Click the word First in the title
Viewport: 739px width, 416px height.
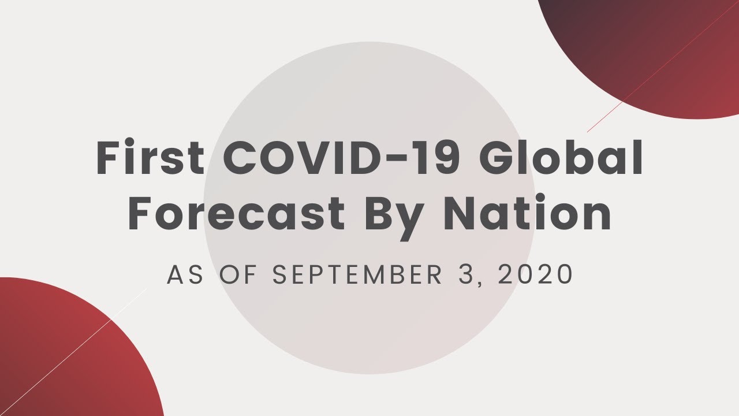coord(151,157)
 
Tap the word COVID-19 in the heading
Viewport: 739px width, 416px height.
coord(341,157)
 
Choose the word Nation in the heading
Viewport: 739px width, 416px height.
coord(527,212)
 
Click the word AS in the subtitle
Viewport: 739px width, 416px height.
coord(185,274)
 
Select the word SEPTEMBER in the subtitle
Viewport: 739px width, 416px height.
coord(357,274)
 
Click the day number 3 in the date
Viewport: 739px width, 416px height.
coord(465,274)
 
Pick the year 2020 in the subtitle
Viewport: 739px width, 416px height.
coord(535,274)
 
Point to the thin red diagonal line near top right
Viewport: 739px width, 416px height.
coord(663,66)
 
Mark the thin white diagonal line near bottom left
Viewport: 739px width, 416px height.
coord(73,352)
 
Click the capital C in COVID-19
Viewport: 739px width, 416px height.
coord(241,157)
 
